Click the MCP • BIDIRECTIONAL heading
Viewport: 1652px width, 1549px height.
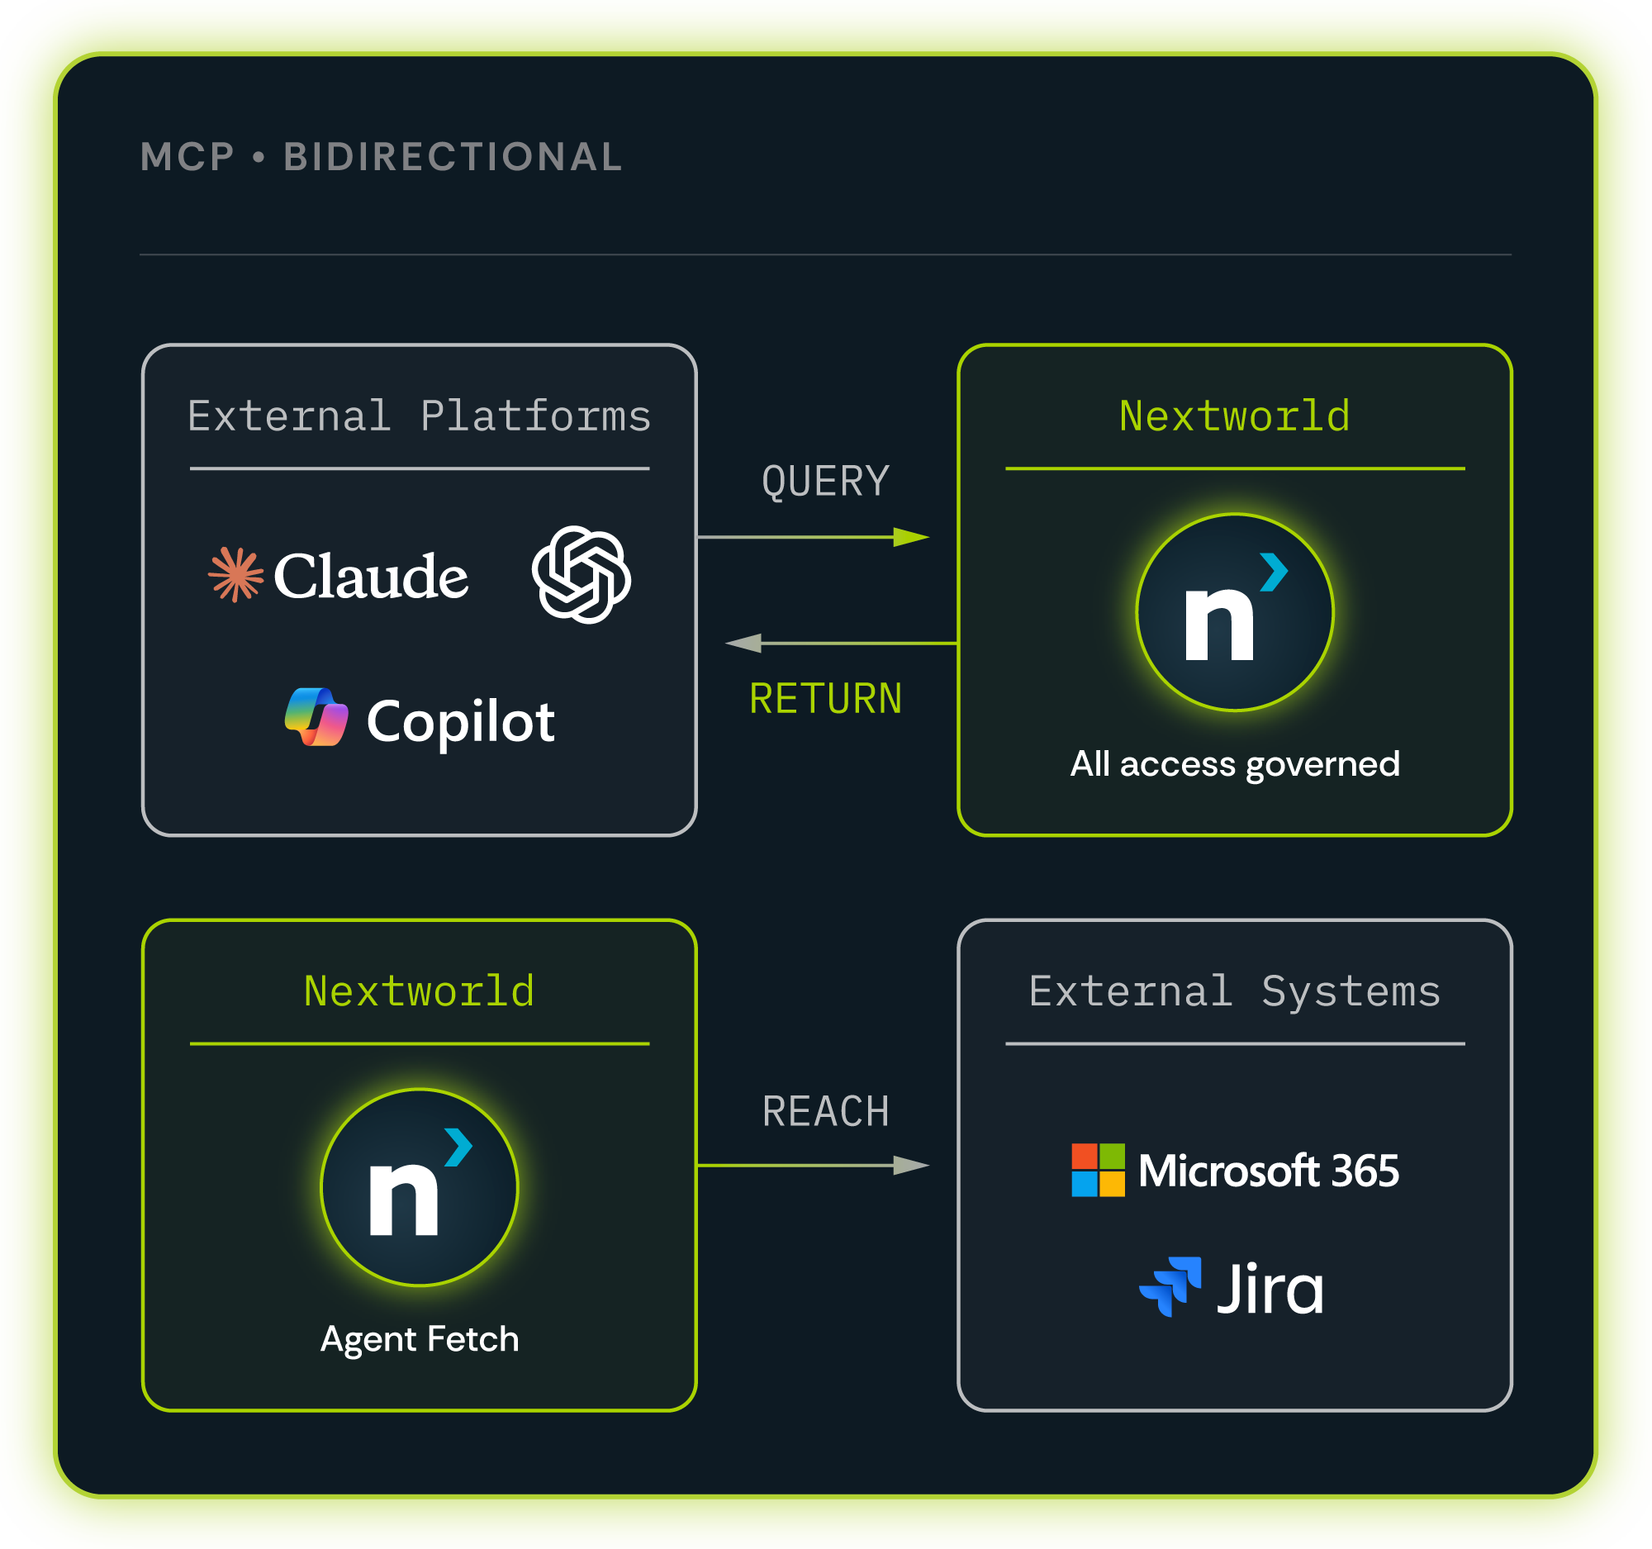pyautogui.click(x=382, y=157)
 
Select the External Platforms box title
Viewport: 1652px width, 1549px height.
pyautogui.click(x=419, y=416)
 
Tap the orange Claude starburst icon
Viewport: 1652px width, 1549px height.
pyautogui.click(x=236, y=574)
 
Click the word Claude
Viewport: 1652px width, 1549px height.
pyautogui.click(x=371, y=575)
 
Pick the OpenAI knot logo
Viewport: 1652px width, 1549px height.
pyautogui.click(x=581, y=574)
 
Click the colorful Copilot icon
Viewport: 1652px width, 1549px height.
pyautogui.click(x=316, y=717)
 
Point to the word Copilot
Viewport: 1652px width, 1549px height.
pyautogui.click(x=460, y=721)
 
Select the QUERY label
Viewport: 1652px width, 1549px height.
pyautogui.click(x=826, y=481)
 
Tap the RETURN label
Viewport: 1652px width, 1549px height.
pyautogui.click(x=826, y=698)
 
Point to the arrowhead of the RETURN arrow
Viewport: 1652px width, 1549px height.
pyautogui.click(x=743, y=644)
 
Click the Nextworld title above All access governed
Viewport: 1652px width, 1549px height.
pyautogui.click(x=1235, y=416)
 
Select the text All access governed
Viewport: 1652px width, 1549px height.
pyautogui.click(x=1235, y=764)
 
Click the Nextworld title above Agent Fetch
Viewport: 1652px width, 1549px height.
pyautogui.click(x=419, y=991)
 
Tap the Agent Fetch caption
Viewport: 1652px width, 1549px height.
pyautogui.click(x=420, y=1340)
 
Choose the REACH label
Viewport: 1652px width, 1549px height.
pyautogui.click(x=826, y=1112)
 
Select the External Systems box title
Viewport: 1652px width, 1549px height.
pyautogui.click(x=1235, y=991)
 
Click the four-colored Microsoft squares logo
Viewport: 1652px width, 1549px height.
pyautogui.click(x=1098, y=1170)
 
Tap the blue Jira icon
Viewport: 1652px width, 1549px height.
pyautogui.click(x=1170, y=1286)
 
